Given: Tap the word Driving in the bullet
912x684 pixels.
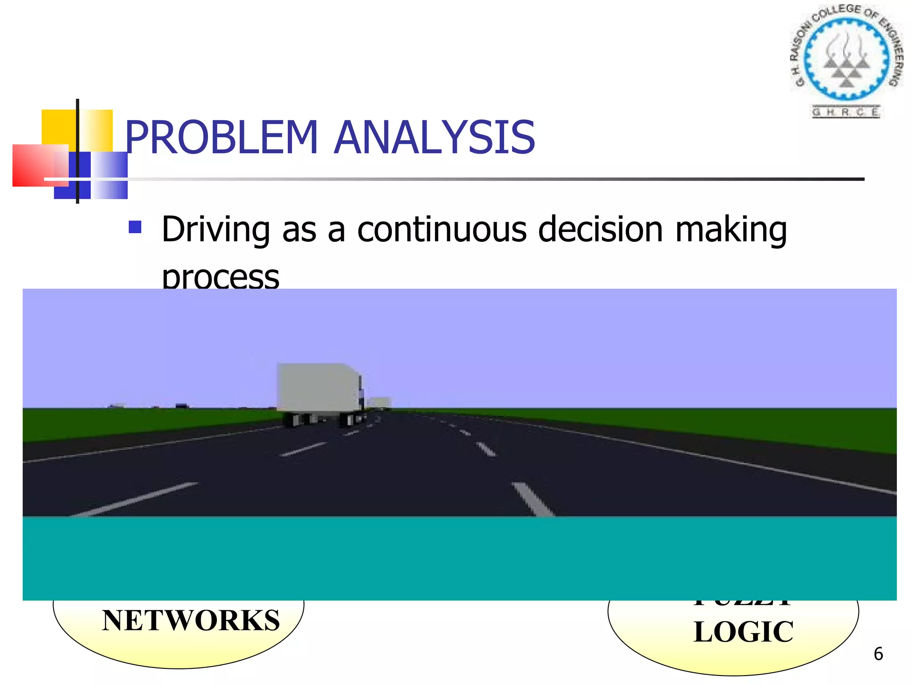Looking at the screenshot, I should [x=216, y=229].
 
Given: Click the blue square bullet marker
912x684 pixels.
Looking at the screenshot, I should [x=135, y=227].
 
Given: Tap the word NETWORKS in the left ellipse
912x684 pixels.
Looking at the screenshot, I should [x=191, y=620].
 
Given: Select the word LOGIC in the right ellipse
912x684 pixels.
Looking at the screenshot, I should [x=743, y=631].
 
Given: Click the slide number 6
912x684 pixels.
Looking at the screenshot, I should [x=878, y=654].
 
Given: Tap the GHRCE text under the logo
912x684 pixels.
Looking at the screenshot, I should [x=845, y=112].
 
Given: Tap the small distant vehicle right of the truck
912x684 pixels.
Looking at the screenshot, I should [x=381, y=403].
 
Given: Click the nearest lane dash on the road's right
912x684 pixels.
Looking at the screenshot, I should [x=533, y=499].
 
